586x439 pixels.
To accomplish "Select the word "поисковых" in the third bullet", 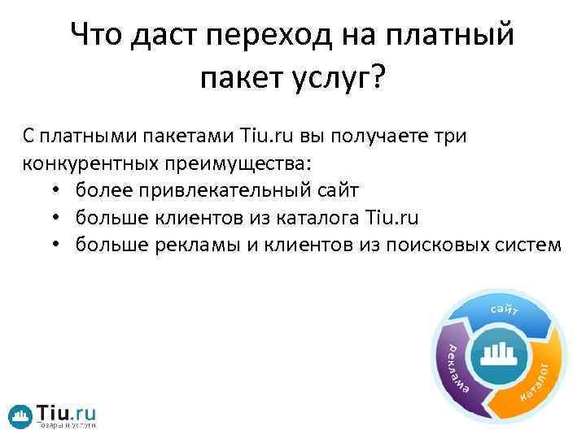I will point(431,243).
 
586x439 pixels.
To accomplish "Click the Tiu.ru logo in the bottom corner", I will point(52,415).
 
